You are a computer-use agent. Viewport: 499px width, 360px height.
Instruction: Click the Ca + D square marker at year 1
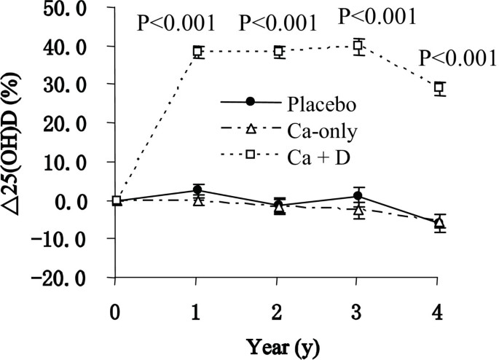[x=197, y=51]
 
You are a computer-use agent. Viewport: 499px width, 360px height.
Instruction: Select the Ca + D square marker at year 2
[x=278, y=51]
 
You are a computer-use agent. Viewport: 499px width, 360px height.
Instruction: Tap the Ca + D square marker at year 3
[x=358, y=46]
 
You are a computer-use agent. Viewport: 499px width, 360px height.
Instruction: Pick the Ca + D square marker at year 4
[x=439, y=88]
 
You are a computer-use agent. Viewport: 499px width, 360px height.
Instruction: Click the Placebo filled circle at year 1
[x=197, y=189]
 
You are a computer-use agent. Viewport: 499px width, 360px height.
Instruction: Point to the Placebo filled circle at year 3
[x=358, y=195]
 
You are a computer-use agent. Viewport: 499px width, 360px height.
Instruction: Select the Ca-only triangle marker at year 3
[x=358, y=210]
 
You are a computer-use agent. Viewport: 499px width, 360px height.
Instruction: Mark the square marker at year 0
[x=117, y=200]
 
